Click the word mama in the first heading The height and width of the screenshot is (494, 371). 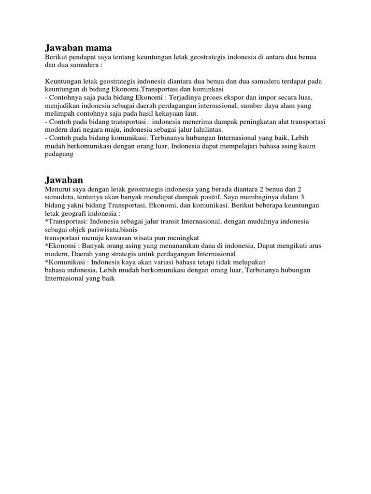pos(97,48)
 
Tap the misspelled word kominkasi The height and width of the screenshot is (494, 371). pos(207,90)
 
